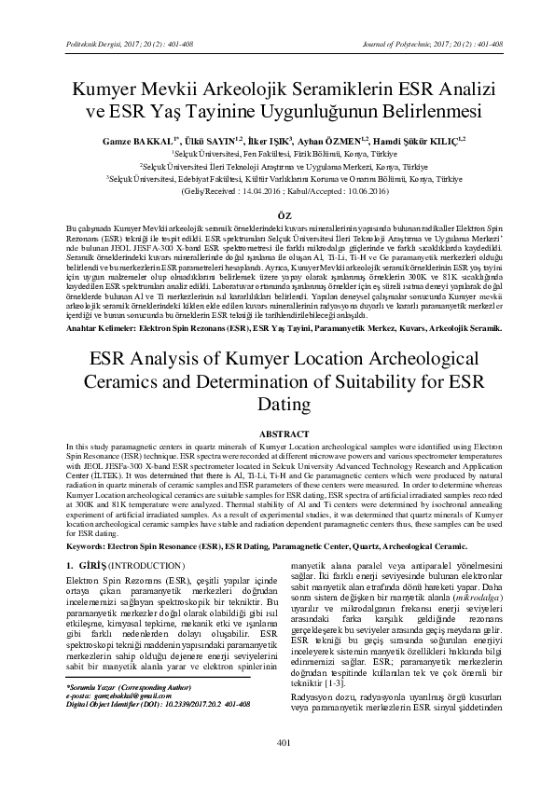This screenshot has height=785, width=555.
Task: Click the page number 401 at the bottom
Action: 278,767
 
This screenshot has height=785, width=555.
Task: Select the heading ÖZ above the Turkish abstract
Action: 278,214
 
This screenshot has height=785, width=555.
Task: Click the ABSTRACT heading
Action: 278,434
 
